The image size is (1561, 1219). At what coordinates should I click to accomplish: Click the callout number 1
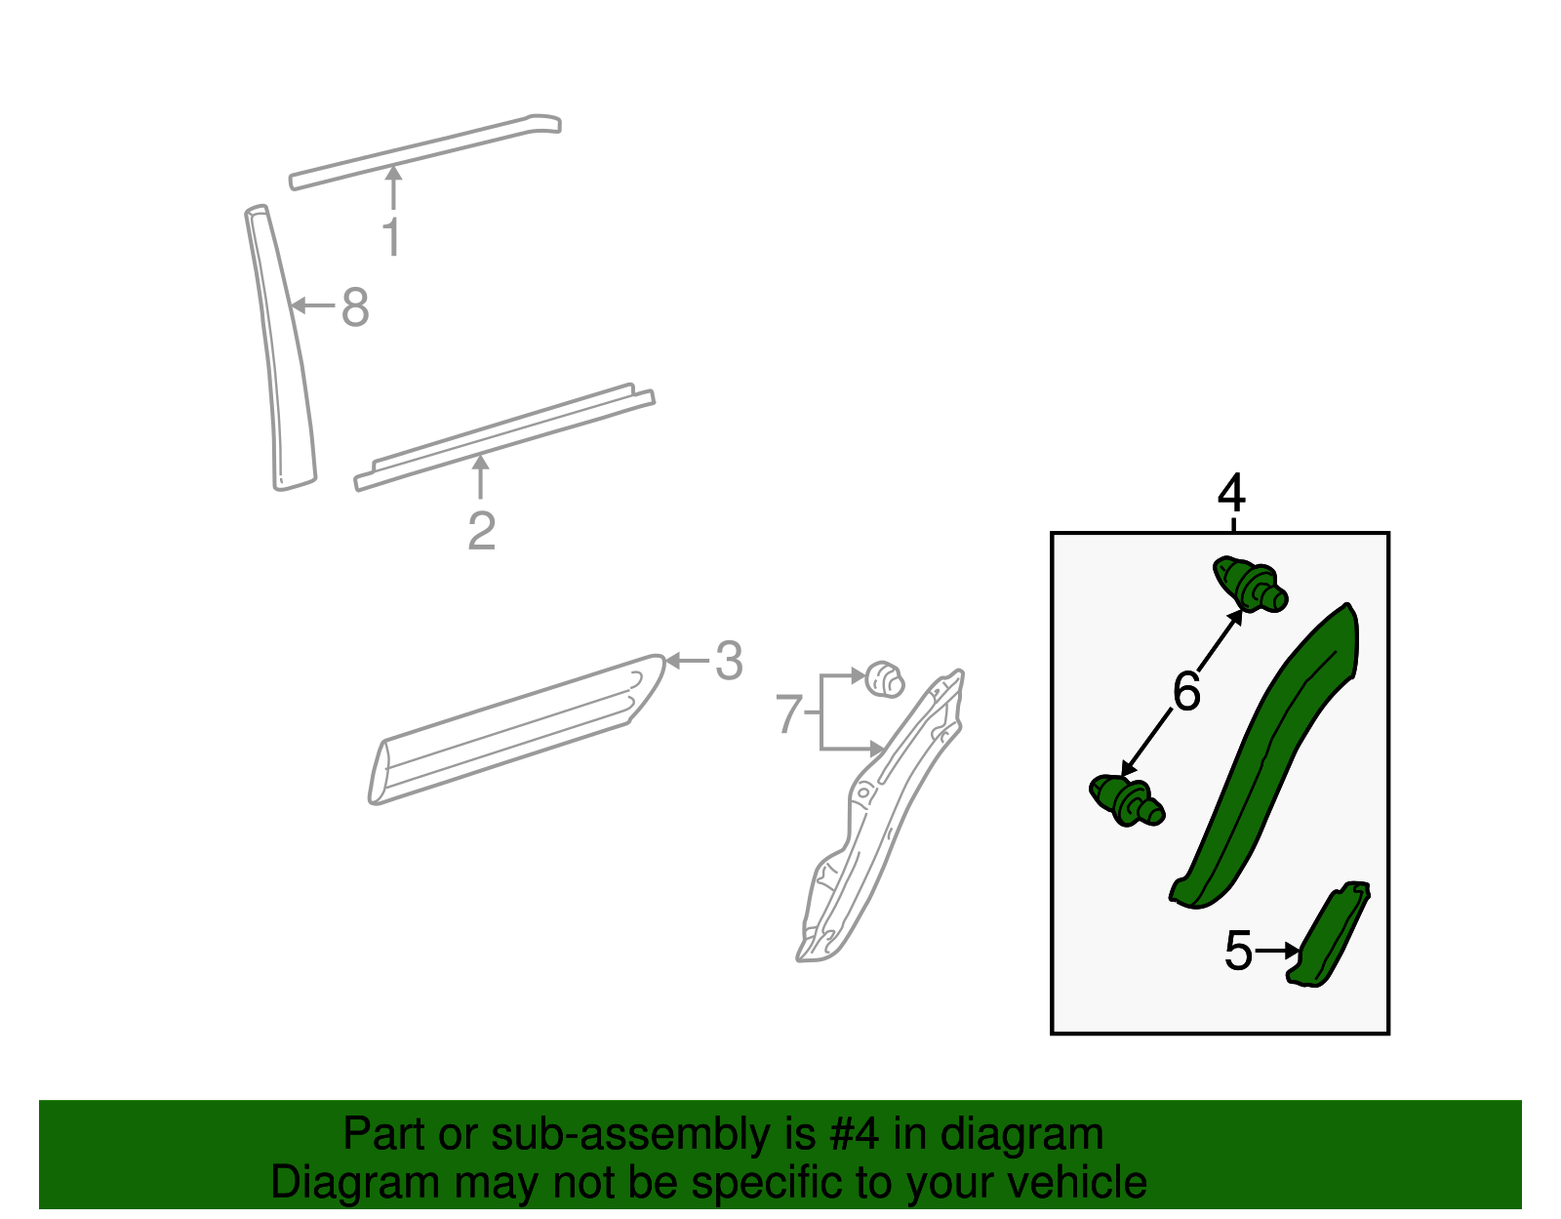[391, 235]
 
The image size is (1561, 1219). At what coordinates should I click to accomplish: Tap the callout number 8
[355, 306]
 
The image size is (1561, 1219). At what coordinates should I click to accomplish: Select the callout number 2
[481, 531]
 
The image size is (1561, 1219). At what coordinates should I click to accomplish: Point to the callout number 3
[729, 660]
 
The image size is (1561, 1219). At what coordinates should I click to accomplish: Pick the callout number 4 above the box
[1231, 492]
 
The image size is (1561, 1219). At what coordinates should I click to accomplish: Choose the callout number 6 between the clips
[1186, 691]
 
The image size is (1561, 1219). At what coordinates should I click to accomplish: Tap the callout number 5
[1238, 951]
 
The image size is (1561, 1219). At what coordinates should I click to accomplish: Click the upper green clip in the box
[1250, 584]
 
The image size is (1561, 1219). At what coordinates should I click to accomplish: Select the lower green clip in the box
[1127, 801]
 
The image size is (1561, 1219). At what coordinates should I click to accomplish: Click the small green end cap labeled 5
[1329, 934]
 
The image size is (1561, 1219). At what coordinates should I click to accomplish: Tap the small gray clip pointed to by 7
[885, 679]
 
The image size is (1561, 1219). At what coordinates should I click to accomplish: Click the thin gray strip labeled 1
[425, 151]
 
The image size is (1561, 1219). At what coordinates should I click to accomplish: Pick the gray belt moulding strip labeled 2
[505, 437]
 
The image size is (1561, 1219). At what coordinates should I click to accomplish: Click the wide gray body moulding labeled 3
[517, 729]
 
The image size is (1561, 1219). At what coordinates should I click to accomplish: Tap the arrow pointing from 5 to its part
[1277, 951]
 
